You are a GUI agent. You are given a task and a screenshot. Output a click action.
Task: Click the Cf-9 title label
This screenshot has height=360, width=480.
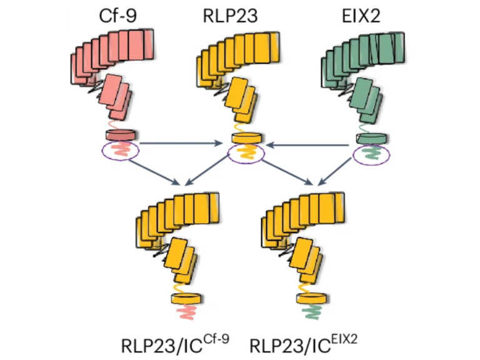(118, 15)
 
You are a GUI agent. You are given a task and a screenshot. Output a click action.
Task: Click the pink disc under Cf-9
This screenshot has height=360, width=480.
(121, 134)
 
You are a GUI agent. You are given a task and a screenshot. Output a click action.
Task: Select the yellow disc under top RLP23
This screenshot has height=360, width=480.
(246, 138)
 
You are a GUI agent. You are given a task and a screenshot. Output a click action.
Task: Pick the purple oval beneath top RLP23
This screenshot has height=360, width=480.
(246, 154)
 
